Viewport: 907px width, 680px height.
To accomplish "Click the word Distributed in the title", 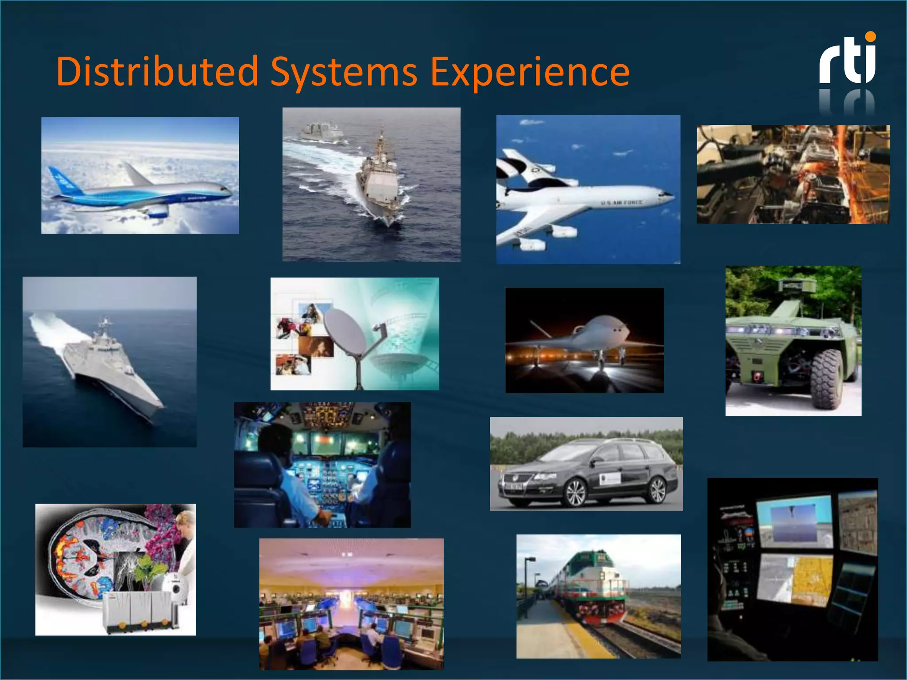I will pos(157,72).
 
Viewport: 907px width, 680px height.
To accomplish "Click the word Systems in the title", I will pos(344,72).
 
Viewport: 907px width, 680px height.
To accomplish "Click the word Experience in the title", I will pos(530,72).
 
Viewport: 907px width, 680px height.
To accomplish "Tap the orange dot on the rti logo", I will pos(870,37).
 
